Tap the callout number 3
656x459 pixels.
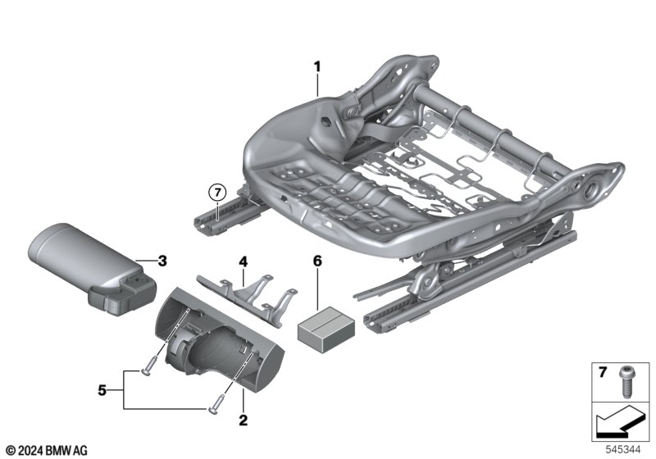[x=162, y=261]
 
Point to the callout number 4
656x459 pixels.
[x=242, y=261]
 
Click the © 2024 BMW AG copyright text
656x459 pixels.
[x=45, y=450]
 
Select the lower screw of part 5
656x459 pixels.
[x=215, y=402]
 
